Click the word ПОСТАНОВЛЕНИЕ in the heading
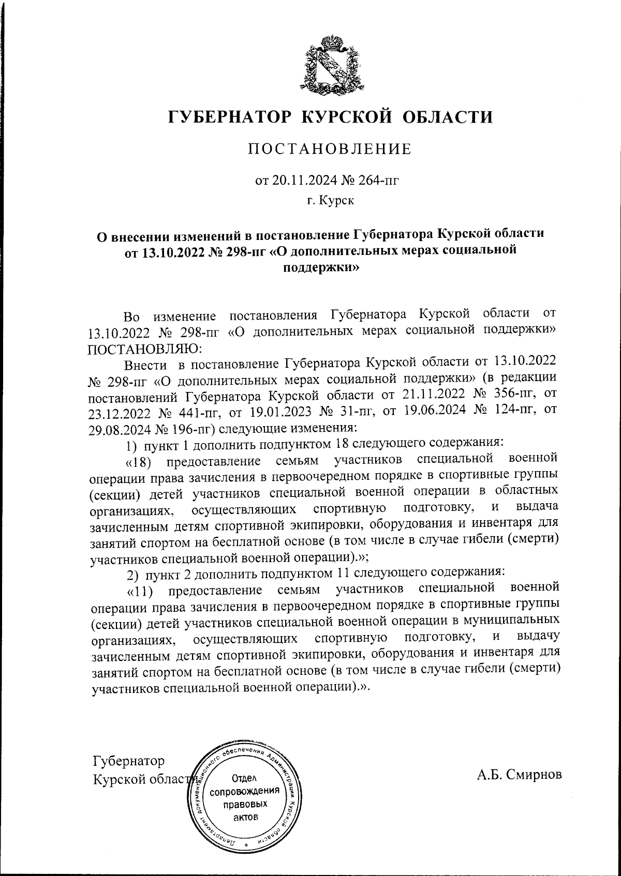coord(330,149)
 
